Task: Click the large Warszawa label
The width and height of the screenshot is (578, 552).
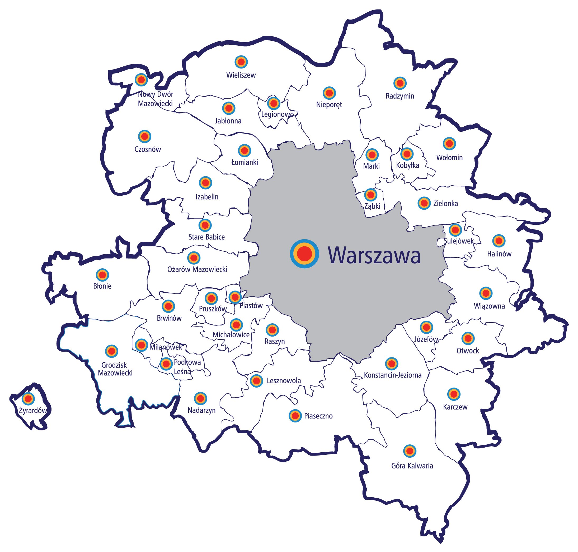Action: click(x=374, y=255)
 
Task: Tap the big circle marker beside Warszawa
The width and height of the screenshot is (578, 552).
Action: click(x=304, y=253)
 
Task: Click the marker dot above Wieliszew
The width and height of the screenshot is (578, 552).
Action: click(x=241, y=62)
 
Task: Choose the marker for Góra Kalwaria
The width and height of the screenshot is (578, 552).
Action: click(x=410, y=451)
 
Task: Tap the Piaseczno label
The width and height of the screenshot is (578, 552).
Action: click(x=318, y=416)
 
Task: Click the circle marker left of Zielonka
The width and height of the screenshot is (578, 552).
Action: click(x=424, y=203)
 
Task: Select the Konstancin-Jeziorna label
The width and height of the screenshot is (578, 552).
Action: click(x=393, y=375)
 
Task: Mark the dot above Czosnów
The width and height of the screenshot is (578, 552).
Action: click(x=145, y=136)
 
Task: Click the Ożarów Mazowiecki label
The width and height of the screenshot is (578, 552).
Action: click(x=197, y=269)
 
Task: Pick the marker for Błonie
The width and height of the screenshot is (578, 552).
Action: click(x=102, y=275)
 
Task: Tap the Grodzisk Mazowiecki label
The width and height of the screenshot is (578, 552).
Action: click(x=115, y=369)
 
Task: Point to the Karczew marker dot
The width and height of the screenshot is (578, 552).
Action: click(x=454, y=394)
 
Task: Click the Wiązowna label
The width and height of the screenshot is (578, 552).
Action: click(x=489, y=306)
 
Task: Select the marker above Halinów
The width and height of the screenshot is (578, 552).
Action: click(x=499, y=241)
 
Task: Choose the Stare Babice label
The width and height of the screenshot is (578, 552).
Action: click(x=206, y=237)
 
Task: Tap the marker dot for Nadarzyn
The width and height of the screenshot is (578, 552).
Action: click(x=200, y=398)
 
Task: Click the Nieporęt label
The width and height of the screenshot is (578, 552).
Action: click(x=329, y=104)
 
